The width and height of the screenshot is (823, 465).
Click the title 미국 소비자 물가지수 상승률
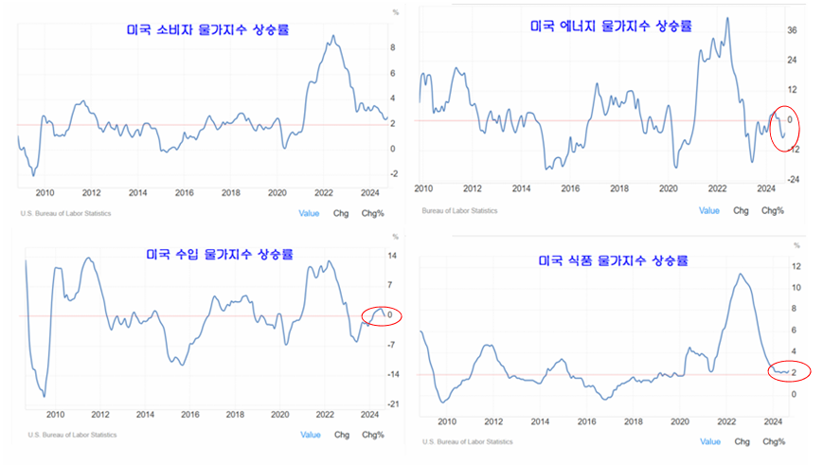208,30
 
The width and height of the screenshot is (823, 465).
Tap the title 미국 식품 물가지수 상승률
613,259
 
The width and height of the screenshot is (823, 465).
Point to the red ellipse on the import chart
382,314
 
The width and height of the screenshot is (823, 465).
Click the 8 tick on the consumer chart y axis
393,46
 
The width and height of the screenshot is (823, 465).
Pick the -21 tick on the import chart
391,404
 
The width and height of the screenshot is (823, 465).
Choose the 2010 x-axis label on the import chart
55,415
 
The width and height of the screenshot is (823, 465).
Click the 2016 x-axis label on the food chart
586,420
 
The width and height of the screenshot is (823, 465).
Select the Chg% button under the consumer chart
371,213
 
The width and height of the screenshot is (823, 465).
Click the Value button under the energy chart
709,210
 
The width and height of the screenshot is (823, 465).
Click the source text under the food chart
468,441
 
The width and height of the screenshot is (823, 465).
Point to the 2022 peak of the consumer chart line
332,36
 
